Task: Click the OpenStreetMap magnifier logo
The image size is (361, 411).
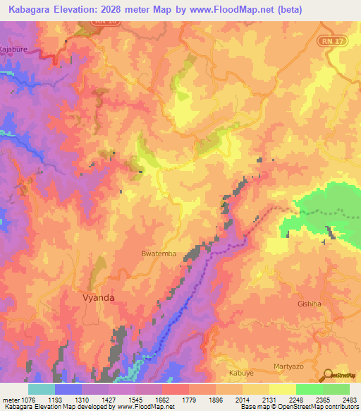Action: pos(326,375)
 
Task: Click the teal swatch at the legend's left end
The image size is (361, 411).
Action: pos(42,389)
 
